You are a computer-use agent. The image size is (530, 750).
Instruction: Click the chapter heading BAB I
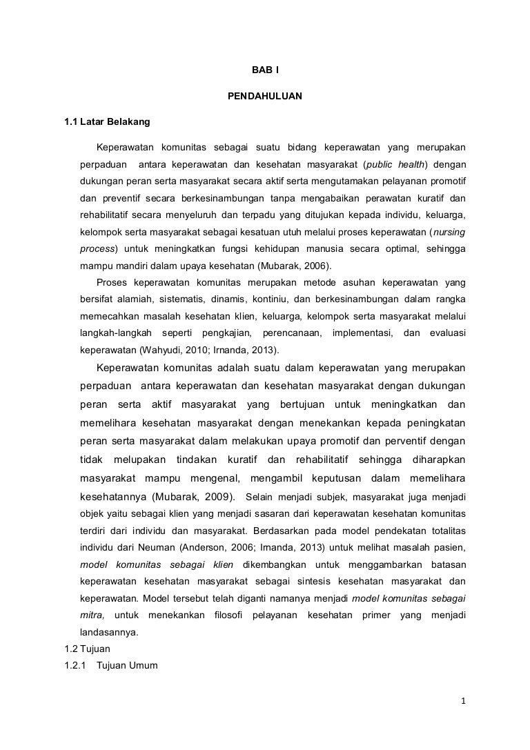coord(264,70)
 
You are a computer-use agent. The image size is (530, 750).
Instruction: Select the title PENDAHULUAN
coord(264,97)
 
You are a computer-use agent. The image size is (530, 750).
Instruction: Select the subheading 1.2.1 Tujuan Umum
coord(110,666)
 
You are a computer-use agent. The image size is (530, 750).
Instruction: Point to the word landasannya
coord(109,631)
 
